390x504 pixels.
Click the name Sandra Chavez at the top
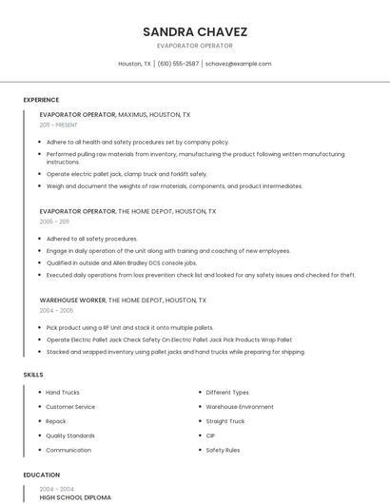point(194,31)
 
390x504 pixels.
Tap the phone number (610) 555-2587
point(178,64)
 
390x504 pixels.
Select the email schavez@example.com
point(238,64)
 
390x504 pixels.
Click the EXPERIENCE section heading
point(41,100)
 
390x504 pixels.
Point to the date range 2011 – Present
point(58,125)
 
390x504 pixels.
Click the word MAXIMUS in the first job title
point(135,114)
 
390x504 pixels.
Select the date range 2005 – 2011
point(54,221)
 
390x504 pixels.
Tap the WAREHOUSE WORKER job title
point(73,300)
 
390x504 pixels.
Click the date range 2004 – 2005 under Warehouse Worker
point(56,310)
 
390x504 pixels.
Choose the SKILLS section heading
point(33,375)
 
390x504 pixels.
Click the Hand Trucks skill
point(63,392)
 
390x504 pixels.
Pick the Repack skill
point(56,420)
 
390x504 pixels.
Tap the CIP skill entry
point(211,435)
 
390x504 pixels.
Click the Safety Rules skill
point(223,449)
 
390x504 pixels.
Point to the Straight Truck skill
point(224,420)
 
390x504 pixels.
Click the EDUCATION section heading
point(42,475)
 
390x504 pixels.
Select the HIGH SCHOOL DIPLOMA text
point(75,496)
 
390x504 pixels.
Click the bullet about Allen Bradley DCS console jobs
point(122,262)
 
